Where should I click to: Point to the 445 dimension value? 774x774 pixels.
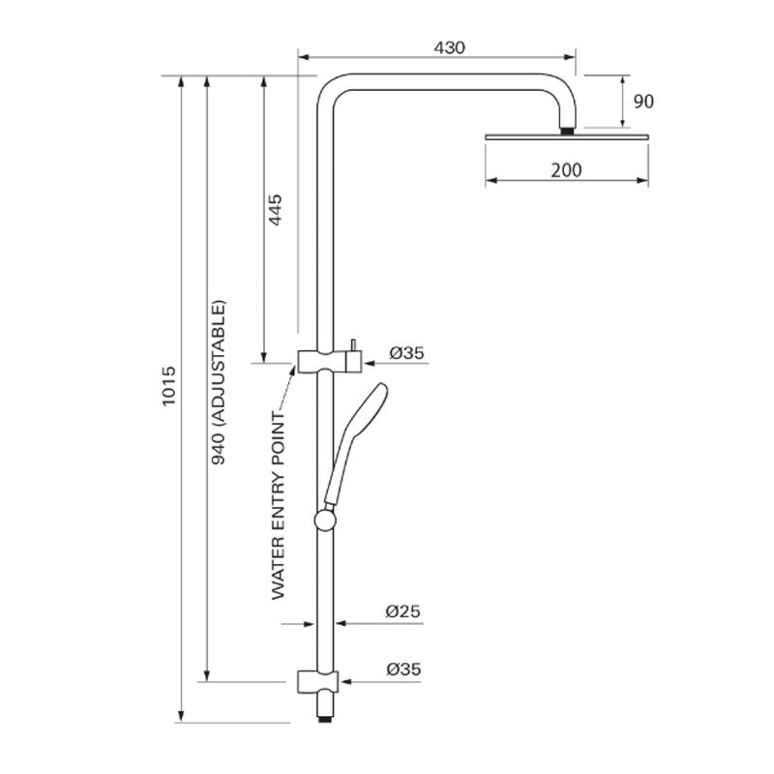coord(275,210)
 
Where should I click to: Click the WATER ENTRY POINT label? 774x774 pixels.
coord(279,506)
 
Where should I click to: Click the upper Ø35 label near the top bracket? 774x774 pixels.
coord(406,354)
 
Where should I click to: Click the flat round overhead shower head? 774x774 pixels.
coord(565,136)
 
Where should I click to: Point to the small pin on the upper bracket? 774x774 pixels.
coord(354,344)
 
